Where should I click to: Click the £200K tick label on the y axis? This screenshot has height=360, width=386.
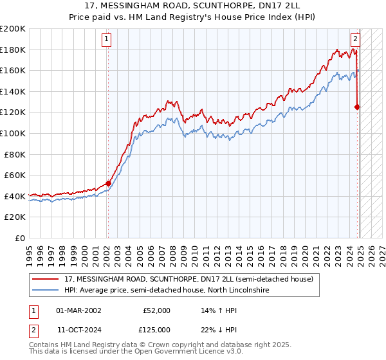point(12,29)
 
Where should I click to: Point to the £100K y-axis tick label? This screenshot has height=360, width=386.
point(12,134)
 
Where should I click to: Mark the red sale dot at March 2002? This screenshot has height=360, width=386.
point(108,184)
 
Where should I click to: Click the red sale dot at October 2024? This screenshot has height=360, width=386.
point(357,107)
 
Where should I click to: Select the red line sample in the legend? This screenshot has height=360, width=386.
point(46,280)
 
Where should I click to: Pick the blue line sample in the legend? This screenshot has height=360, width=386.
point(46,291)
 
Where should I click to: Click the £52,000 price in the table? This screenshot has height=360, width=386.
point(156,310)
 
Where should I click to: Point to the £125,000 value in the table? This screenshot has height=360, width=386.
point(156,330)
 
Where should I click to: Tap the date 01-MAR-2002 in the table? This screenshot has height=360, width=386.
point(78,310)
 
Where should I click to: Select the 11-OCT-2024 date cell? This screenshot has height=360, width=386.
point(78,330)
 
